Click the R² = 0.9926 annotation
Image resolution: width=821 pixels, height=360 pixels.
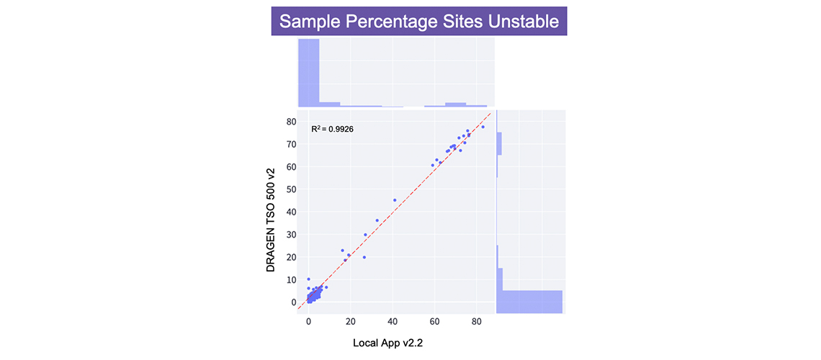[x=332, y=129]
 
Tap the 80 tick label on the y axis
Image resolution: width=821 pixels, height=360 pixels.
[x=291, y=122]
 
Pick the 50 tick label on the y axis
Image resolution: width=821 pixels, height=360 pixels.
[x=291, y=189]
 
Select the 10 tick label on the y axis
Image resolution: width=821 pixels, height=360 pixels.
[x=291, y=279]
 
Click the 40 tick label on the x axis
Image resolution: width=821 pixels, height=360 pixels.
[x=392, y=324]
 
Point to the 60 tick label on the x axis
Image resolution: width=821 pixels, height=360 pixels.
[x=434, y=324]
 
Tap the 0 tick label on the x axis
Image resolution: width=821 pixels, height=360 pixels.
[x=309, y=324]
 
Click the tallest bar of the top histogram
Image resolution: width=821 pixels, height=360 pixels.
[x=308, y=73]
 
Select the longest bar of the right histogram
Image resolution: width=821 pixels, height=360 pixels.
[x=531, y=302]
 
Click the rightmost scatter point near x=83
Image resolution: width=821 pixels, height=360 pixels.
[x=483, y=127]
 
